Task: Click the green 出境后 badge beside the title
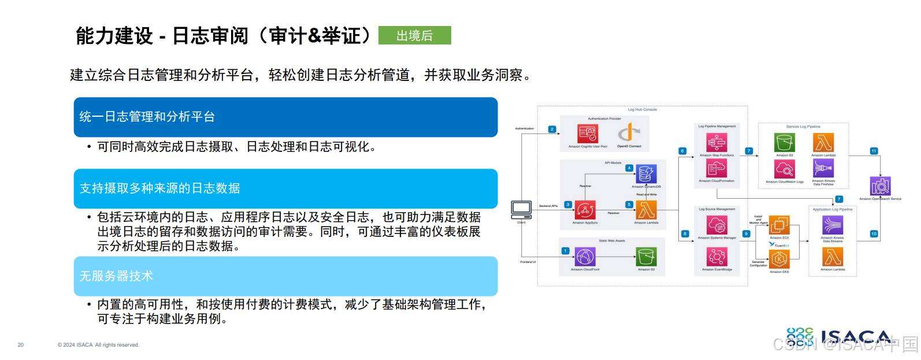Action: tap(414, 35)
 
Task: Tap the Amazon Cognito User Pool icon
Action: tap(588, 134)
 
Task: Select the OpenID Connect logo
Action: tap(629, 134)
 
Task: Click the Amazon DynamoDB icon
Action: tap(646, 174)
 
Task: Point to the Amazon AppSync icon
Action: tap(585, 210)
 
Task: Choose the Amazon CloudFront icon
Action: tap(585, 257)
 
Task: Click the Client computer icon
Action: tap(521, 209)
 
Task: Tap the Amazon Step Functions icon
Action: tap(716, 142)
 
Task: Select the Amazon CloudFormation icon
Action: tap(716, 169)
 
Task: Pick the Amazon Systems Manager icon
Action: tap(716, 225)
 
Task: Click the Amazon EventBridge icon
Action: tap(716, 257)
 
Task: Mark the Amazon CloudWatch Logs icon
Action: tap(784, 169)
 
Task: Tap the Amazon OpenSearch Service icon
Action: tap(880, 186)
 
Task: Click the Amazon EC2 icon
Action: tap(779, 225)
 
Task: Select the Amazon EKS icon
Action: tap(779, 259)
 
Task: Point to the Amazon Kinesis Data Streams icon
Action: tap(832, 225)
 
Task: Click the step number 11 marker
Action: tap(874, 151)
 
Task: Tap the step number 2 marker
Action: tap(552, 129)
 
